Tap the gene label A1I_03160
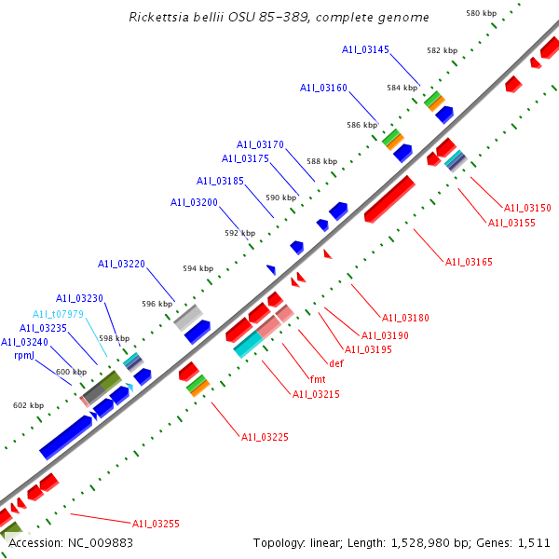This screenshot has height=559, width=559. click(x=323, y=88)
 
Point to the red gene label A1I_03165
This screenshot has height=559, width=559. click(x=468, y=262)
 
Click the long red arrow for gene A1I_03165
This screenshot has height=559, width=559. click(x=389, y=198)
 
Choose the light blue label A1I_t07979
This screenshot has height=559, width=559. click(x=59, y=314)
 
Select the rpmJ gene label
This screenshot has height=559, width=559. click(x=24, y=355)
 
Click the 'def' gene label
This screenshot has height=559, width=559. click(x=336, y=362)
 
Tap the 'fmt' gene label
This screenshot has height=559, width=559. click(x=317, y=379)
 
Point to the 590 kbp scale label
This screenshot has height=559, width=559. click(x=279, y=198)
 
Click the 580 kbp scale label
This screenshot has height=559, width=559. click(x=480, y=13)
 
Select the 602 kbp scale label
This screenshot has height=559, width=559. click(x=28, y=405)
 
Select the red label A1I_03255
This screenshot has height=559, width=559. click(x=156, y=524)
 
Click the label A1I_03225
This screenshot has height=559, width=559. click(x=265, y=436)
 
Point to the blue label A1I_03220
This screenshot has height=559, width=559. click(x=121, y=264)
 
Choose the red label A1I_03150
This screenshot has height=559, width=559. click(x=527, y=208)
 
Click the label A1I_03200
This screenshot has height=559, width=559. click(x=194, y=202)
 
